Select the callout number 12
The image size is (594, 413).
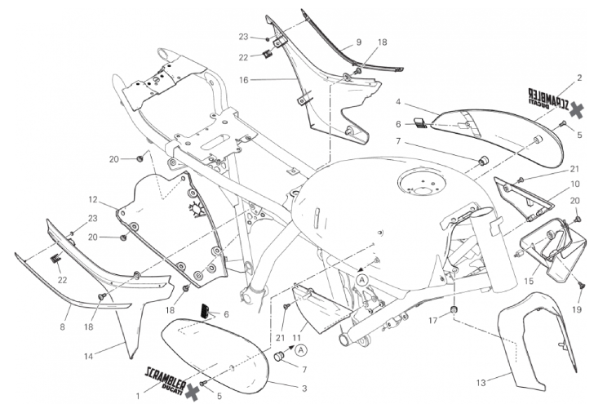tap(93, 199)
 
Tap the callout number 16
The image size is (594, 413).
tap(242, 80)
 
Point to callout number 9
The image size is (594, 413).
tap(358, 42)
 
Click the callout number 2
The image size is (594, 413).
tap(578, 78)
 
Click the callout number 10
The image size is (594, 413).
tap(574, 184)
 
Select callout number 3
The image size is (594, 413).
tap(304, 388)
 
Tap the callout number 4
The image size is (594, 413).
tap(397, 103)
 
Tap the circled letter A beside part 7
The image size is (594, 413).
tap(302, 350)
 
